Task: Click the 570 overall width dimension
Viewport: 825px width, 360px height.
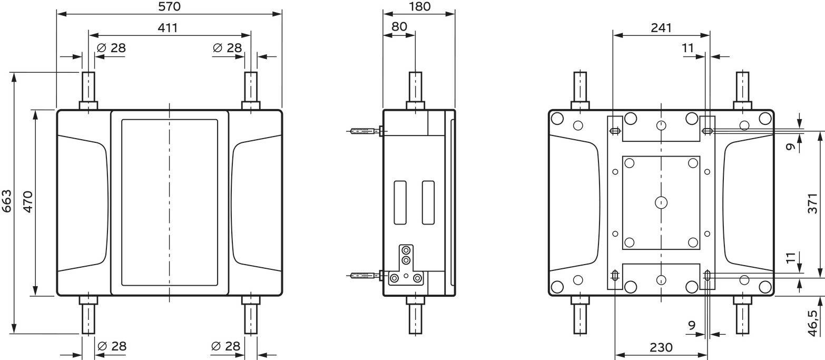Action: click(x=169, y=6)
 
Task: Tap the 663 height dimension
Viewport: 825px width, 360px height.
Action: click(x=7, y=201)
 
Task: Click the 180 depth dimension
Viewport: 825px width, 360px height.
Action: click(x=419, y=6)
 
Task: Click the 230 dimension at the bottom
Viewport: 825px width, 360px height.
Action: click(x=661, y=347)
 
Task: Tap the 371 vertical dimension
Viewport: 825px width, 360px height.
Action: click(x=812, y=203)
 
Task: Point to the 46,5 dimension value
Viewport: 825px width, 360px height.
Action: click(x=812, y=323)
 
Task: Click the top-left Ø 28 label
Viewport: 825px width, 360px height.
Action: click(x=111, y=48)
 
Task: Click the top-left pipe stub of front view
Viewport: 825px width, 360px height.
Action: click(x=89, y=87)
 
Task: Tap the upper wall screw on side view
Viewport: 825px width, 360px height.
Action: click(x=365, y=131)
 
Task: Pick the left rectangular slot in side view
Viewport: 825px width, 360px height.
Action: click(x=400, y=202)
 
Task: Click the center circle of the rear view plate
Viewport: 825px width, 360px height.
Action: click(x=661, y=202)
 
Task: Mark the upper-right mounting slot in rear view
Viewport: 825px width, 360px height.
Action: click(x=708, y=131)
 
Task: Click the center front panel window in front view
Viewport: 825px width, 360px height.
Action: click(x=169, y=202)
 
